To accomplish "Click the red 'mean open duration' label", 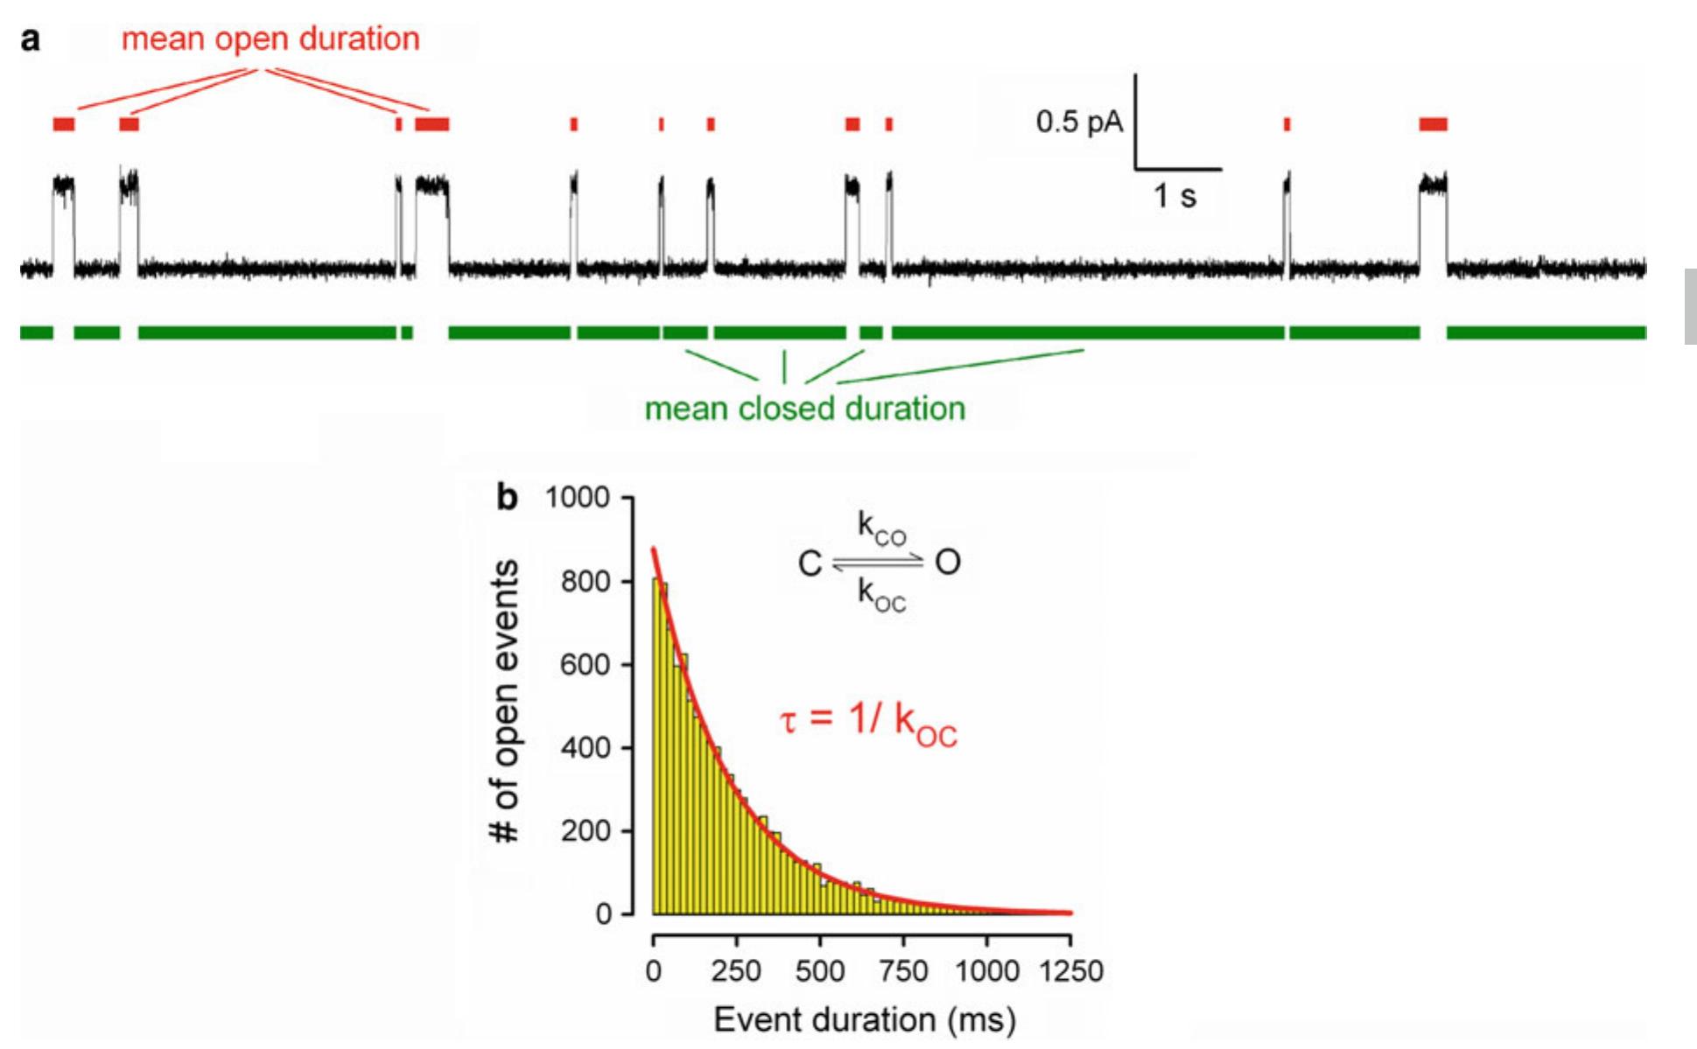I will coord(270,39).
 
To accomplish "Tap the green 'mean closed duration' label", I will coord(804,409).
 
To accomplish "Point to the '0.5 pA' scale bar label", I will coord(1078,122).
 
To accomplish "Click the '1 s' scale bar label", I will coord(1175,196).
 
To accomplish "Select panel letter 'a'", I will coord(31,39).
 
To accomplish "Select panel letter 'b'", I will coord(508,497).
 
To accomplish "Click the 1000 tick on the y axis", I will coord(578,498).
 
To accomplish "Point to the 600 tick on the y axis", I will coord(586,665).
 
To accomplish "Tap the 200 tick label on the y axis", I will coord(586,831).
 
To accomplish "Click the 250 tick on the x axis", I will coord(736,971).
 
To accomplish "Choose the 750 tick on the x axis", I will coord(902,971).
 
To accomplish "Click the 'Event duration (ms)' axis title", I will coord(865,1020).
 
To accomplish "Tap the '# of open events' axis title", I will coord(506,702).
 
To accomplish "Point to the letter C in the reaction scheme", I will coord(810,563).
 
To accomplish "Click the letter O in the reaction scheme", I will coord(948,562).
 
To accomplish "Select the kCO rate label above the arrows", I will coord(881,529).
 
